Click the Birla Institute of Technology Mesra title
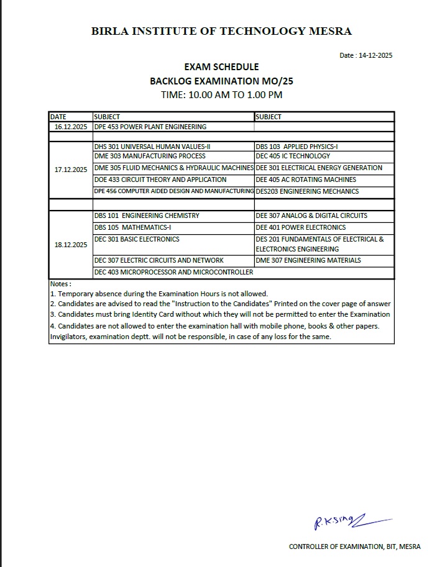pos(221,31)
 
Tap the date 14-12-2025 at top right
pos(366,55)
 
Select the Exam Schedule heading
pos(221,67)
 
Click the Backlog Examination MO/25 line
pos(221,81)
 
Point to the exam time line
pos(221,95)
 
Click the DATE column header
pos(58,117)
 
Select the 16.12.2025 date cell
pos(70,127)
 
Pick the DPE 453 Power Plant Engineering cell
pos(150,127)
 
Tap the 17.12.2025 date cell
pos(70,170)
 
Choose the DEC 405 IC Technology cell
pos(293,156)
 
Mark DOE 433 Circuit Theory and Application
pos(160,179)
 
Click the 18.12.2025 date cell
pos(70,245)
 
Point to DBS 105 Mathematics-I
pos(132,227)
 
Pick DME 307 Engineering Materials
pos(308,260)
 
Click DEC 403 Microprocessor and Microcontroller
pos(173,272)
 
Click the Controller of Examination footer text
pos(354,547)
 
